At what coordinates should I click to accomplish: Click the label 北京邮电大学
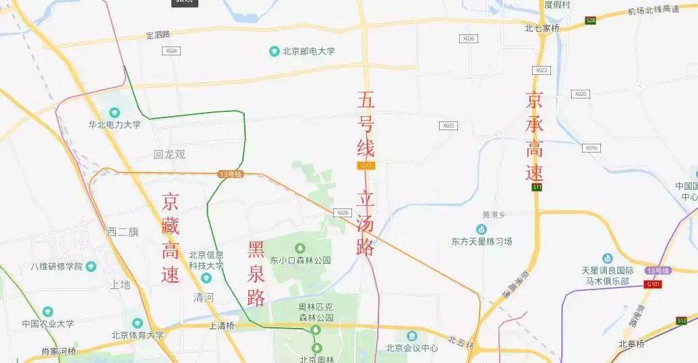308,51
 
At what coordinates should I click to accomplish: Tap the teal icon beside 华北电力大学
114,113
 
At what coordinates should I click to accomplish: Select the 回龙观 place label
169,155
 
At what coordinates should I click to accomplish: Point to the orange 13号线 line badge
230,174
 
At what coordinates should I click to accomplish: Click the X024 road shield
171,51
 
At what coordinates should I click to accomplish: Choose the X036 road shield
469,38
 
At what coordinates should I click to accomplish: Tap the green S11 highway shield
537,187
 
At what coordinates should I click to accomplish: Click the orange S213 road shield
366,165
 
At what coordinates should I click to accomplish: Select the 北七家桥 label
542,28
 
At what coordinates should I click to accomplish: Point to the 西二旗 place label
123,232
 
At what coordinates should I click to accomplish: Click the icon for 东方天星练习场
482,230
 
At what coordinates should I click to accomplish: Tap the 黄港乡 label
485,215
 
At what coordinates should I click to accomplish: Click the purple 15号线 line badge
658,271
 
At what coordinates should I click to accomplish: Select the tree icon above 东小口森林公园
300,248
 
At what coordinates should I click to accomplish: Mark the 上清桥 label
221,325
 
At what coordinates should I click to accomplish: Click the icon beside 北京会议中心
411,335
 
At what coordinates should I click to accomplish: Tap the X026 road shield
342,213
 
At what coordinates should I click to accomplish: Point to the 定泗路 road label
158,34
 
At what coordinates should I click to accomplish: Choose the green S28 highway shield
591,21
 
